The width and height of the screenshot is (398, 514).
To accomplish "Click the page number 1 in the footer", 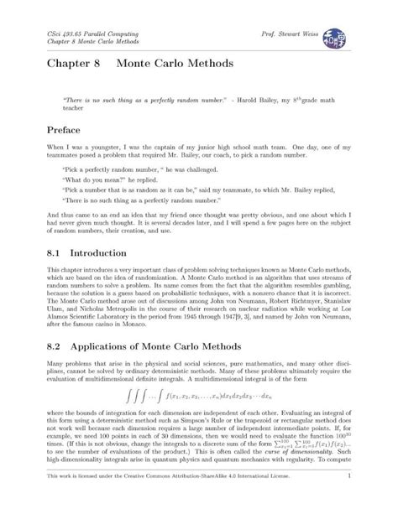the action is pos(348,498).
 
